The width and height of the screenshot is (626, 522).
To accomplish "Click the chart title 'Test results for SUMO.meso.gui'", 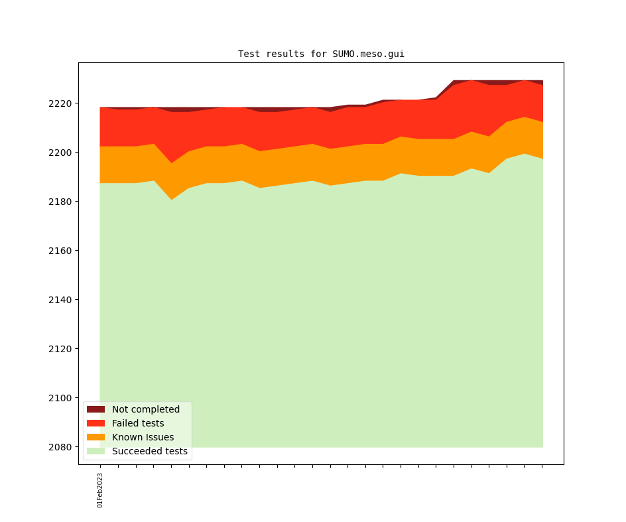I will click(321, 54).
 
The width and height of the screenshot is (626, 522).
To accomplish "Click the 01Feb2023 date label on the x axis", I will click(100, 490).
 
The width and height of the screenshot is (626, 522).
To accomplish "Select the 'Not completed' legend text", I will click(146, 409).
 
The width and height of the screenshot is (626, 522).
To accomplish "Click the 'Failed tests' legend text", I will click(138, 423).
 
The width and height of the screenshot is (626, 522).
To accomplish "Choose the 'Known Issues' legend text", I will click(143, 437).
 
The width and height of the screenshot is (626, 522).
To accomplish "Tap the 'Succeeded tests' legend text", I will click(150, 451).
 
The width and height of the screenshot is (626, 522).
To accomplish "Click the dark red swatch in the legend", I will click(95, 409).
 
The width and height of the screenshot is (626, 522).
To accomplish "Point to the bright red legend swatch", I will click(95, 423).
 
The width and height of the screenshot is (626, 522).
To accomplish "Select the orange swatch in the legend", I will click(95, 437).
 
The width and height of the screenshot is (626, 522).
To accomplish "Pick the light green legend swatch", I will click(95, 451).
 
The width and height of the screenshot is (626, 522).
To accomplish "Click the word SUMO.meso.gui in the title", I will click(368, 54).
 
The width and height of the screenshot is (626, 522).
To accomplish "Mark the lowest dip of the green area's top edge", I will click(171, 200).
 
